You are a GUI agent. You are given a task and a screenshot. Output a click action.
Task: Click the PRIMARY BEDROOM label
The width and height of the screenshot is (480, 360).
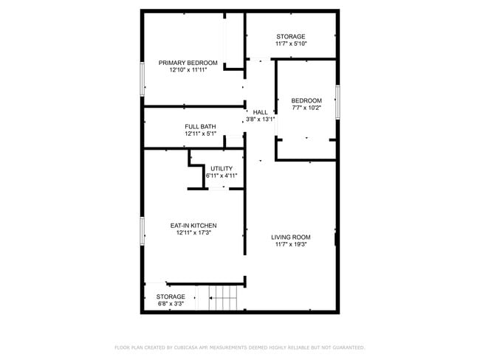pos(188,63)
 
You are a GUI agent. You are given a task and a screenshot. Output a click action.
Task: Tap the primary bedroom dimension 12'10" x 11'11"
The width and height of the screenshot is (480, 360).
pos(188,70)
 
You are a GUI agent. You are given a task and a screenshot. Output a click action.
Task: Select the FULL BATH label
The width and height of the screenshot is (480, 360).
pos(200,127)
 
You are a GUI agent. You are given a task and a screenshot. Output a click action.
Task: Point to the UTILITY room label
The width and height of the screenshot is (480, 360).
pos(222,168)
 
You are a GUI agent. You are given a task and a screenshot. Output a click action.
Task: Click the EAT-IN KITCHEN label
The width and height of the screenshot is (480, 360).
pos(193,225)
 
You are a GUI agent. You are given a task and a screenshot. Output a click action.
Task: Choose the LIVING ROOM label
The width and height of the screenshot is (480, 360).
pos(290,237)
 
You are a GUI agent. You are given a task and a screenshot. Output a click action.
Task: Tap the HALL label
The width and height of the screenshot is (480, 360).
pos(260,112)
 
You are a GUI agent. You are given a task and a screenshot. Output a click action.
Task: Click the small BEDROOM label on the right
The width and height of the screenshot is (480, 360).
pos(306,100)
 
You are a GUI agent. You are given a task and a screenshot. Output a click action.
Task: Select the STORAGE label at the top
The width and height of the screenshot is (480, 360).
pos(290,36)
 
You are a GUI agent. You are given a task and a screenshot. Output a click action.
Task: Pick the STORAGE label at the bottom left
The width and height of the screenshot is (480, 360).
pos(170,297)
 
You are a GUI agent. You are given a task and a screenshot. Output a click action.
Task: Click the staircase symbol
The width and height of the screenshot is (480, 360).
pos(224,299)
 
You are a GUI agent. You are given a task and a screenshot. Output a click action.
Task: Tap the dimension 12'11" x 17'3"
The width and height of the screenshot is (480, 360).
pos(193,232)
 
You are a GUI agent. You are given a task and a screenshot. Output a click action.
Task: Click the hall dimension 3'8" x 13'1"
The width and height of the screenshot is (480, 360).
pos(260,119)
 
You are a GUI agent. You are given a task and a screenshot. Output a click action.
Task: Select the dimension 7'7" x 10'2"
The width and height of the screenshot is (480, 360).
pos(306,108)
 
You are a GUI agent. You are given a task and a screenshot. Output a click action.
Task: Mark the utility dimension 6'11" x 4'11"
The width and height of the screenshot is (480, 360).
pos(222,176)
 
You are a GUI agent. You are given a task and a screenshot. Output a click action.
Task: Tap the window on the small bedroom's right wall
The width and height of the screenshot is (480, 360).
pos(337,101)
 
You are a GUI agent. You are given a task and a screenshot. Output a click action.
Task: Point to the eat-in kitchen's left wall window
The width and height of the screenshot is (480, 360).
pos(142,231)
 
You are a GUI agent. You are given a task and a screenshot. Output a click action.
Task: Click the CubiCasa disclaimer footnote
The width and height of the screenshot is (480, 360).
pos(239,347)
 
